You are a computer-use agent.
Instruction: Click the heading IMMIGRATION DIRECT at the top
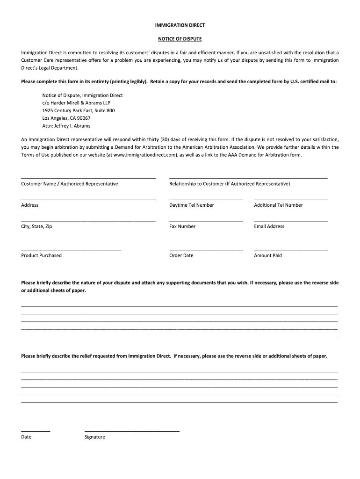tap(180, 25)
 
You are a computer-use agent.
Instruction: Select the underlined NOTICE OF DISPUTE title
tap(180, 38)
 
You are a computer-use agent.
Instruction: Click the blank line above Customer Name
tap(88, 178)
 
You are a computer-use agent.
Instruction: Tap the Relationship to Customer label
tap(230, 184)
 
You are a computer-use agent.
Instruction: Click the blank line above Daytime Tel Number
tap(206, 200)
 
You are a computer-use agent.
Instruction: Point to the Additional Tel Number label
tap(278, 205)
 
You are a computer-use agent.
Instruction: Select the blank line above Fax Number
tap(206, 221)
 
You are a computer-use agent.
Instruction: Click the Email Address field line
tap(291, 221)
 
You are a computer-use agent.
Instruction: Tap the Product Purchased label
tap(41, 255)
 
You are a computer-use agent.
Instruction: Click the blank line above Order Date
tap(206, 250)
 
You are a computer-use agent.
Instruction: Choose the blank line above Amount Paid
tap(291, 250)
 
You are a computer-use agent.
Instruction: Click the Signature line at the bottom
tap(132, 431)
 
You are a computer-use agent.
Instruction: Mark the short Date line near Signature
tap(36, 431)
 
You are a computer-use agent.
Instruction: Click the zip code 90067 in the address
tap(84, 118)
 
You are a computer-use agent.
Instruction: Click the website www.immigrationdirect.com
tap(145, 155)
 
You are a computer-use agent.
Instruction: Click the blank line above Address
tap(88, 200)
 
